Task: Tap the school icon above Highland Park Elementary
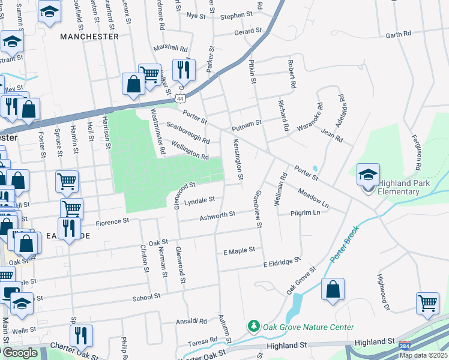pyautogui.click(x=368, y=175)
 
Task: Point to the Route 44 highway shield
pyautogui.click(x=179, y=97)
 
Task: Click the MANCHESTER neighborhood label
pyautogui.click(x=89, y=37)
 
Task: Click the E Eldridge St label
pyautogui.click(x=282, y=262)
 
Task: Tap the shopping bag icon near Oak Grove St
pyautogui.click(x=333, y=290)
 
